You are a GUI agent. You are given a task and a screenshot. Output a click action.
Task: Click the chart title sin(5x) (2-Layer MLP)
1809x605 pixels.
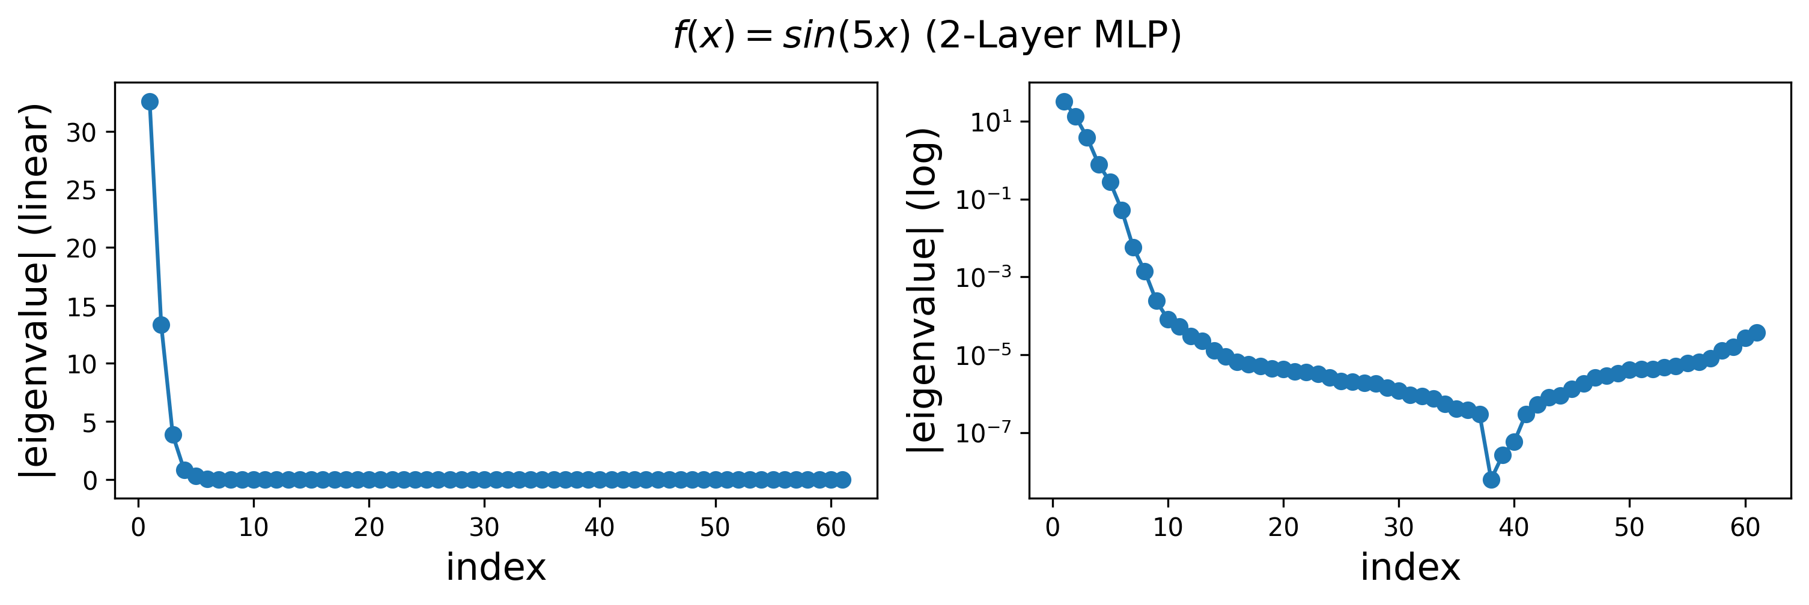pyautogui.click(x=927, y=35)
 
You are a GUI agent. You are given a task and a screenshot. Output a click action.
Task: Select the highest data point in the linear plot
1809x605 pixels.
pyautogui.click(x=150, y=102)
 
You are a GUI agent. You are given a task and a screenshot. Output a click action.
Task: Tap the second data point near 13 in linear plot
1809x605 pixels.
pyautogui.click(x=161, y=325)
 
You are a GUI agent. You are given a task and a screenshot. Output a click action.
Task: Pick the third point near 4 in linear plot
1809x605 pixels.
pyautogui.click(x=173, y=435)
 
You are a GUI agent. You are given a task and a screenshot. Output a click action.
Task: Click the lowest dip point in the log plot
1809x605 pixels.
pyautogui.click(x=1492, y=480)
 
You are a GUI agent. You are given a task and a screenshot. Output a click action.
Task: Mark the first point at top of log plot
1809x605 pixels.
pyautogui.click(x=1064, y=102)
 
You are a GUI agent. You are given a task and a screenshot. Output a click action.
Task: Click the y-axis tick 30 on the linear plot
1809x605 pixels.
pyautogui.click(x=82, y=132)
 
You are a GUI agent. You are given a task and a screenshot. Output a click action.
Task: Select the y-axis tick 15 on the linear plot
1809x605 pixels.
pyautogui.click(x=82, y=306)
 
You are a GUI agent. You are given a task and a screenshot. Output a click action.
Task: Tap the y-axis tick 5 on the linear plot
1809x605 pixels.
pyautogui.click(x=89, y=422)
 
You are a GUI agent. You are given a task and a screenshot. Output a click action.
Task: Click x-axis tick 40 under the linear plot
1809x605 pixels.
pyautogui.click(x=600, y=526)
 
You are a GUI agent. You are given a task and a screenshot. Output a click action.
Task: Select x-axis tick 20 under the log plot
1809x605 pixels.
pyautogui.click(x=1284, y=526)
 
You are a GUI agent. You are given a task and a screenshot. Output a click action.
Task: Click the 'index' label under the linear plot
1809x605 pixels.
pyautogui.click(x=496, y=567)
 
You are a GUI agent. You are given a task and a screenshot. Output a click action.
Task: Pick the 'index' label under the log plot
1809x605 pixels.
pyautogui.click(x=1410, y=567)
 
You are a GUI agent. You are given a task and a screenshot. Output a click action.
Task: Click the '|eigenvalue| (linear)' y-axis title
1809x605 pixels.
pyautogui.click(x=35, y=290)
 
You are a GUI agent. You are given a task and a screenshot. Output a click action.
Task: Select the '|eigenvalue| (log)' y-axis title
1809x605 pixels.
pyautogui.click(x=924, y=290)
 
